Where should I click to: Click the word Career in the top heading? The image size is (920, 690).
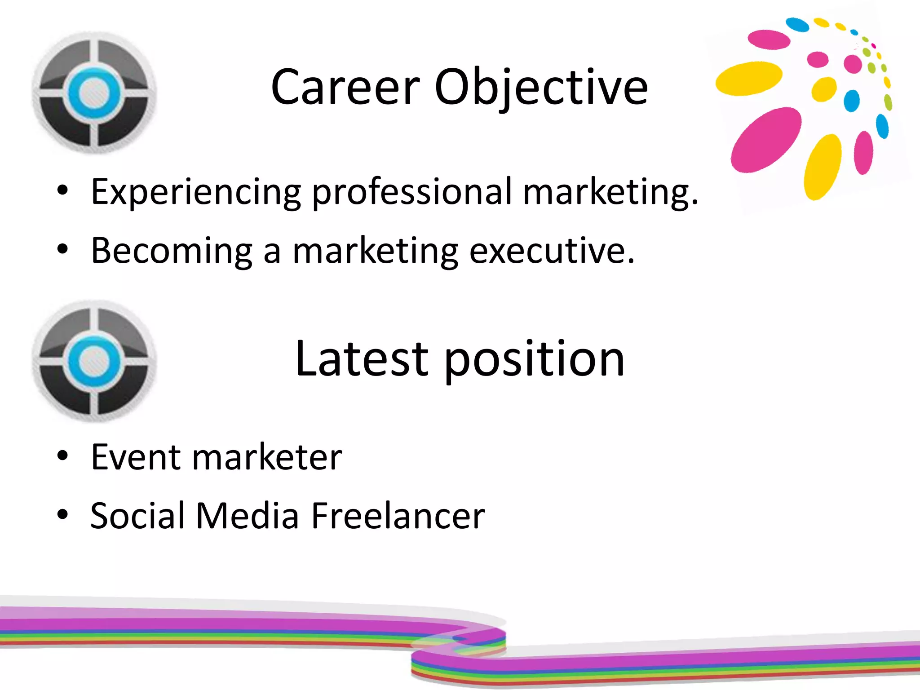(x=345, y=88)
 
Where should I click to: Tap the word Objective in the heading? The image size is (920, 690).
(x=541, y=88)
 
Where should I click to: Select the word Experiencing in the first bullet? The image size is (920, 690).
(x=196, y=192)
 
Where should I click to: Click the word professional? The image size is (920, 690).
(x=412, y=192)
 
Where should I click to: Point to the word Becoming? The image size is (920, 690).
(x=172, y=251)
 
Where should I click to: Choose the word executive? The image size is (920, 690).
(x=552, y=251)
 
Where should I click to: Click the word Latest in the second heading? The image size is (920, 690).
(x=362, y=359)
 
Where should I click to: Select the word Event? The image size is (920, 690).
(x=135, y=457)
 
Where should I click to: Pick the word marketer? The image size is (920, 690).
(x=267, y=457)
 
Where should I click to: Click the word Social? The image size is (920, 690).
(x=137, y=515)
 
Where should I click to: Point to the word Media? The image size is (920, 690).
(x=248, y=515)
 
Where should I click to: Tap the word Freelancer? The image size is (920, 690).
(x=398, y=515)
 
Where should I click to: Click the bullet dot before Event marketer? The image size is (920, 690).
(x=63, y=456)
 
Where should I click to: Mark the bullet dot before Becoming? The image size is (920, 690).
(x=63, y=248)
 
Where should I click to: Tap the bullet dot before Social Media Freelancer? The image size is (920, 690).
(x=63, y=514)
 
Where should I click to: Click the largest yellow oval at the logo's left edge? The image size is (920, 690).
(x=748, y=79)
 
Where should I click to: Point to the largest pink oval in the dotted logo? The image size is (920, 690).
(x=765, y=140)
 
